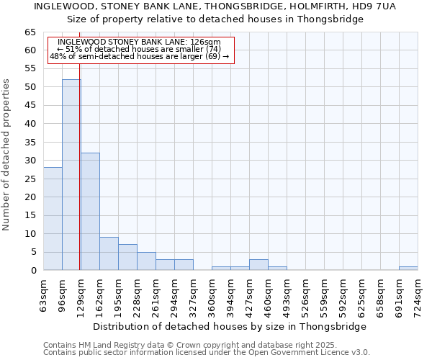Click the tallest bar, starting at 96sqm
(x=71, y=175)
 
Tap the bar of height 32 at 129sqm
(x=90, y=212)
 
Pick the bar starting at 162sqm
(x=109, y=254)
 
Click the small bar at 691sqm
(x=408, y=269)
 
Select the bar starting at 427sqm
(x=258, y=265)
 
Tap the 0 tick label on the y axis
(x=33, y=271)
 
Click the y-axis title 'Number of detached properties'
(x=6, y=155)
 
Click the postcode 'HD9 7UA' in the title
(x=376, y=6)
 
